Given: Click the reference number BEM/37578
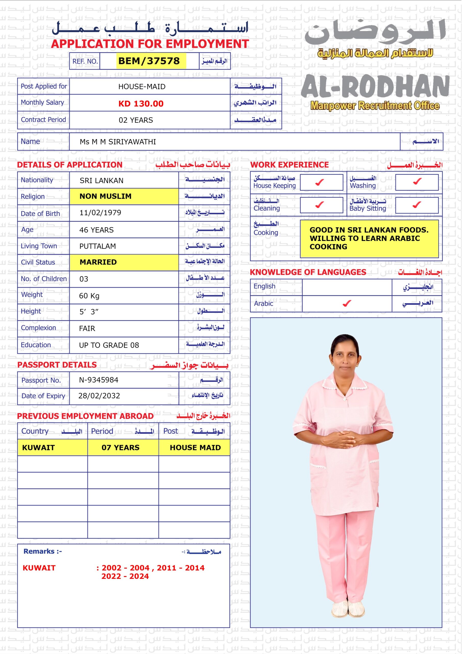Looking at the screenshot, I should coord(149,61).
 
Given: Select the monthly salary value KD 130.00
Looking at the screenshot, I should coord(141,104).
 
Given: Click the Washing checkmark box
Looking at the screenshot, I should coord(417,181).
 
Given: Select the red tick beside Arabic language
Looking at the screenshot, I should coord(347,304).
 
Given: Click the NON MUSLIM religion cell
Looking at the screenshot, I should coord(124,196).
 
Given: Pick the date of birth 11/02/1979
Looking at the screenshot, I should coord(100,213).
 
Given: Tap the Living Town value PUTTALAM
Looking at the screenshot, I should coord(98,246).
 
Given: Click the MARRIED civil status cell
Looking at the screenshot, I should coord(124,262).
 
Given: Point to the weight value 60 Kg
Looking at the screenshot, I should coord(89,296).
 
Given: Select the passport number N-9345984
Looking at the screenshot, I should coord(99,380).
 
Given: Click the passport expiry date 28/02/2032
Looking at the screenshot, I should coord(99,396).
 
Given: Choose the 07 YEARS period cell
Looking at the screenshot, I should coord(121,448).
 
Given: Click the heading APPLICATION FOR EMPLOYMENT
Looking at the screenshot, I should coord(150,44).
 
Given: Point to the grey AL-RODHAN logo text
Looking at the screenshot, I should coord(375,86).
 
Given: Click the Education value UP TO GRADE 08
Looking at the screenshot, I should coord(109,345).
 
